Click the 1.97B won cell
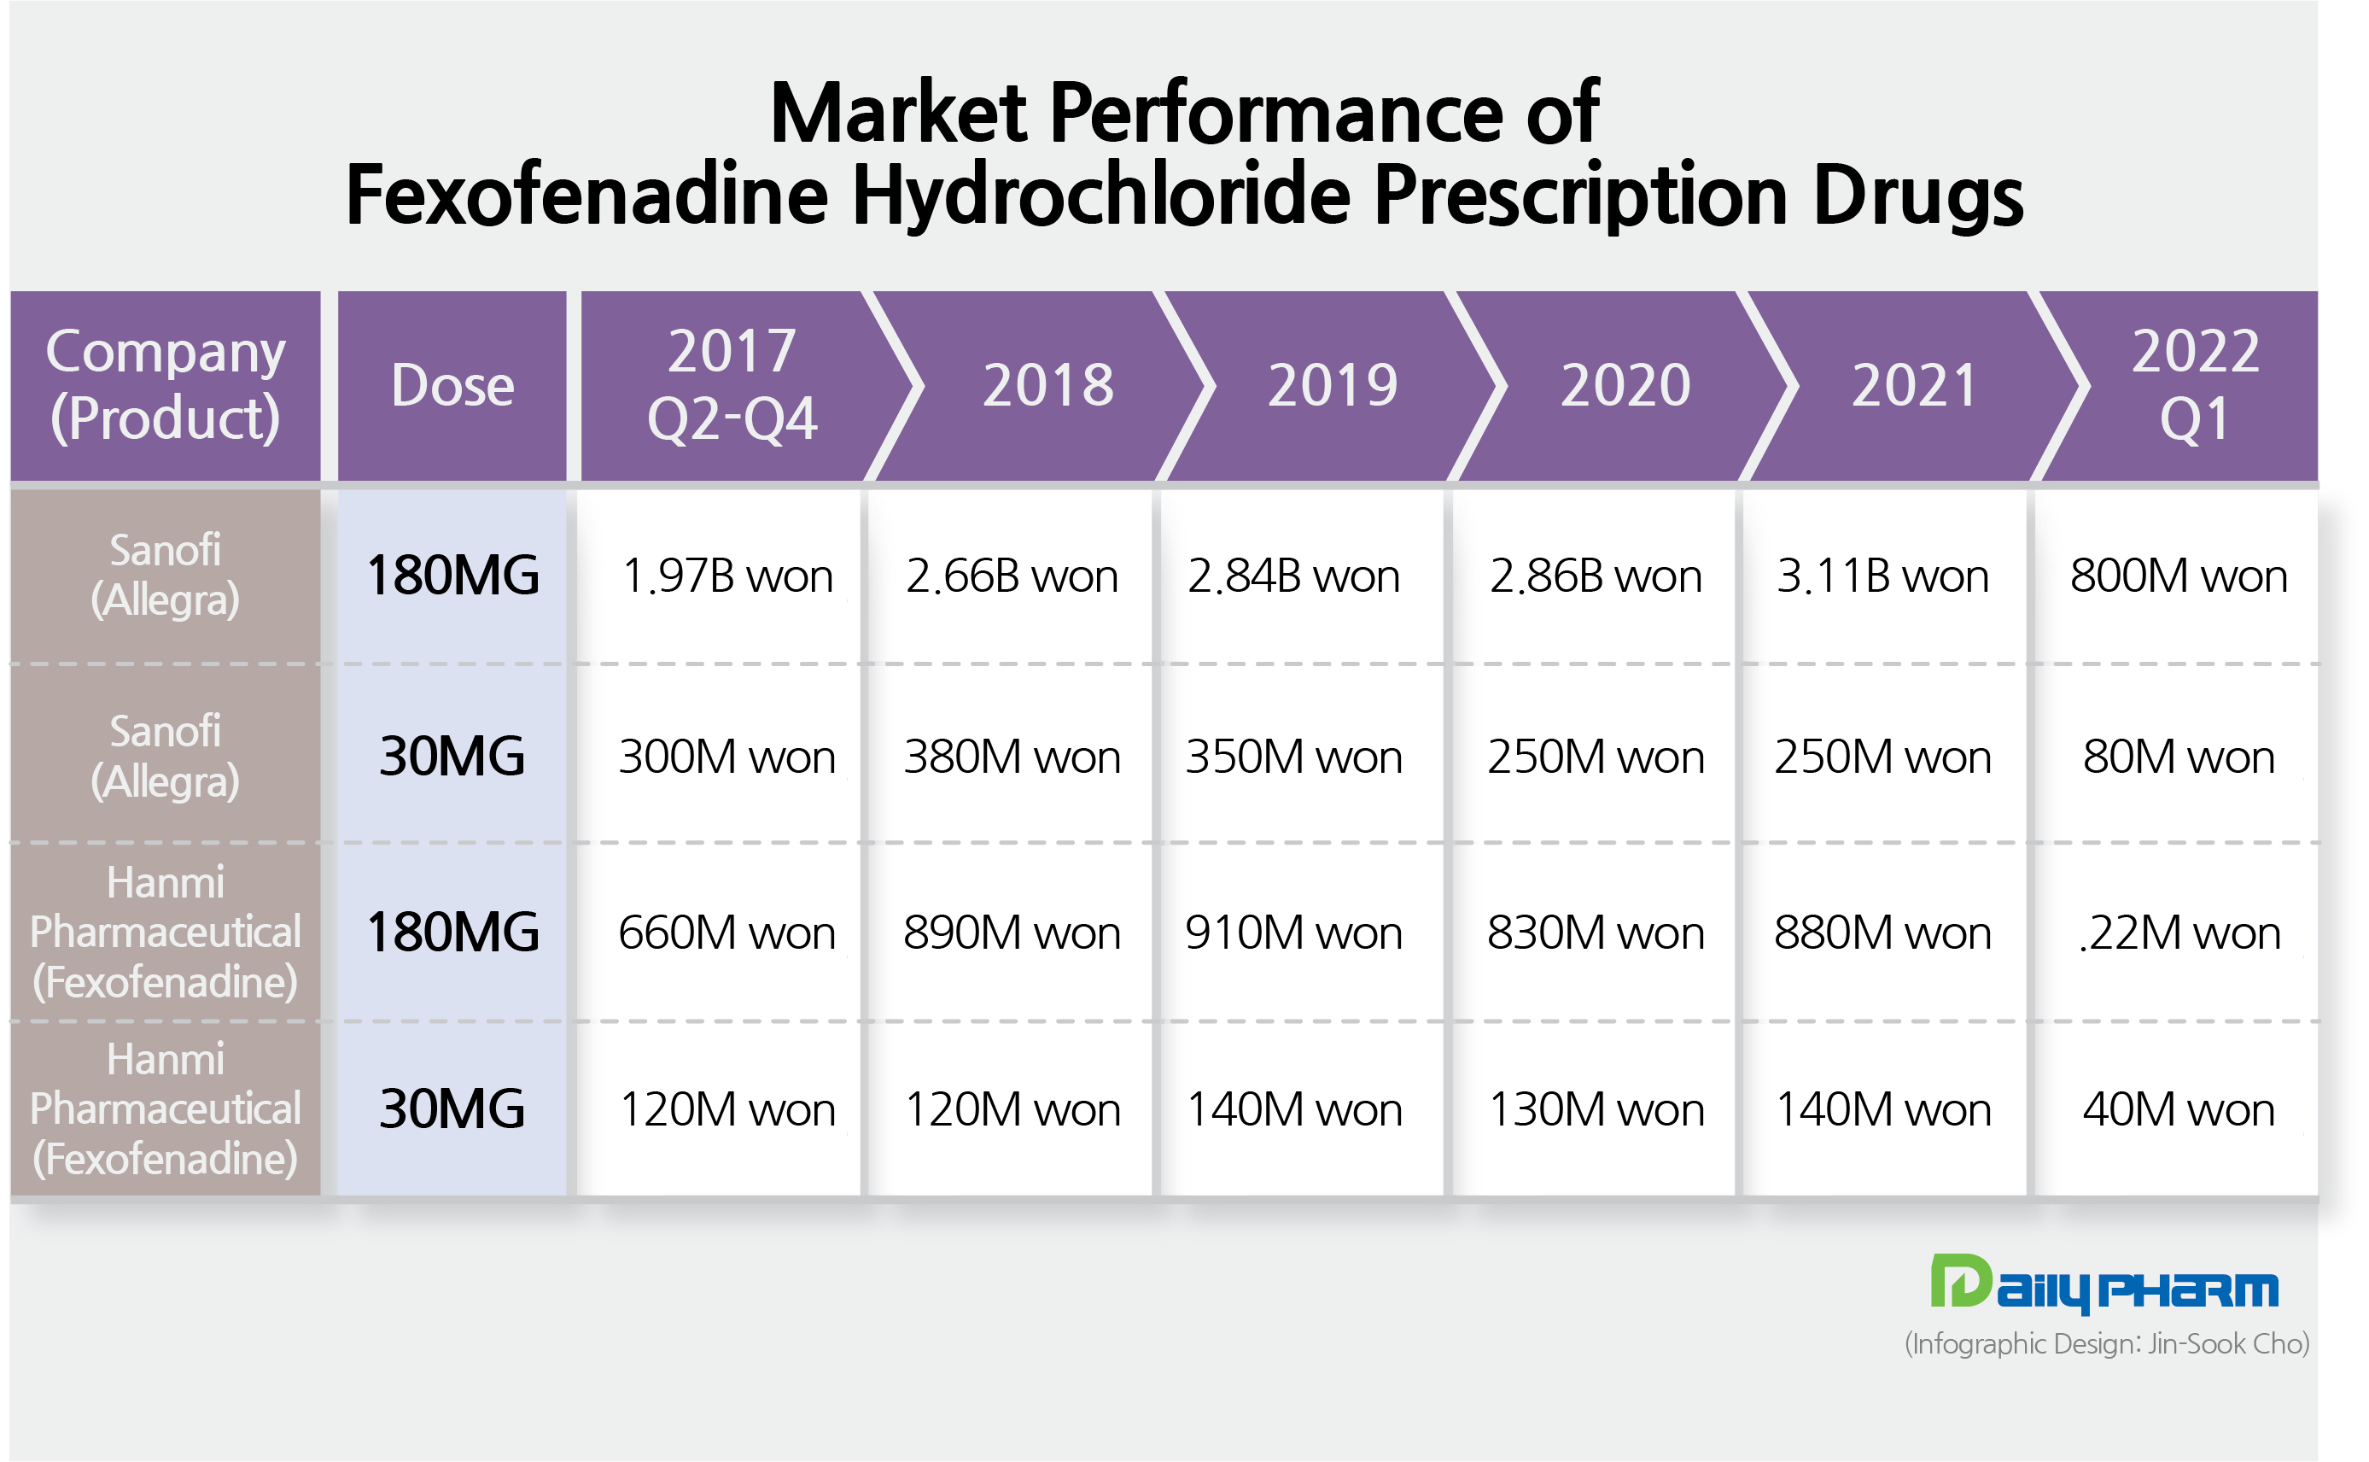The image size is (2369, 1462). [726, 576]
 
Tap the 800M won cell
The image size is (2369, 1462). [2179, 576]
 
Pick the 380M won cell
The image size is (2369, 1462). [1012, 757]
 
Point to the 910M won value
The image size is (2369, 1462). [1294, 933]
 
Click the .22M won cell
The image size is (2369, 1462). [2179, 933]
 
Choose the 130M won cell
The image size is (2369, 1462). [1596, 1109]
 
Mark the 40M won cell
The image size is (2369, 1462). [2179, 1109]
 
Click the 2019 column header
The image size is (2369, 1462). [1333, 386]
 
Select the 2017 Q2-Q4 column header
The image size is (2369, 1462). [732, 386]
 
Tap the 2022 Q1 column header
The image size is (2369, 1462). [2195, 386]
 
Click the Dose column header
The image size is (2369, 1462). [452, 386]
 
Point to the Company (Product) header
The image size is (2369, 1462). [166, 386]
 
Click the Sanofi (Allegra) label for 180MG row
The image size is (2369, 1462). [166, 576]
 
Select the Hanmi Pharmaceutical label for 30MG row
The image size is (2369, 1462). [166, 1109]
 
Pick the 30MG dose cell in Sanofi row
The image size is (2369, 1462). [452, 757]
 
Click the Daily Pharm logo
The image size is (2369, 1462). [2104, 1285]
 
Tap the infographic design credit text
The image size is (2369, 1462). [2107, 1344]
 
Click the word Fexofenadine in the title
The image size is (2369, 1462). [586, 196]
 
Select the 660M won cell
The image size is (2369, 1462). [726, 933]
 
